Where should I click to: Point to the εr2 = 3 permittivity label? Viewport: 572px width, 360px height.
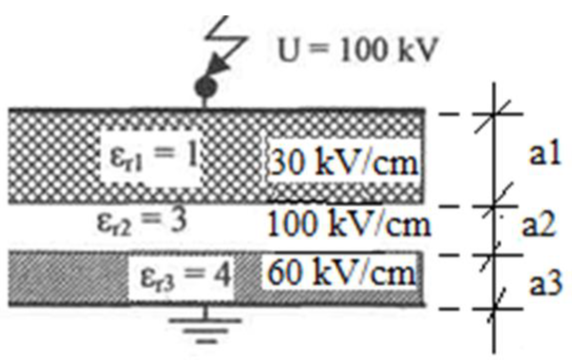141,221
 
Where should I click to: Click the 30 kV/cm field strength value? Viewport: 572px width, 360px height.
343,163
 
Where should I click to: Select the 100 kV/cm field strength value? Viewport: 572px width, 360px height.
348,226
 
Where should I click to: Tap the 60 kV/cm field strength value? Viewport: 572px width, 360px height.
342,274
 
